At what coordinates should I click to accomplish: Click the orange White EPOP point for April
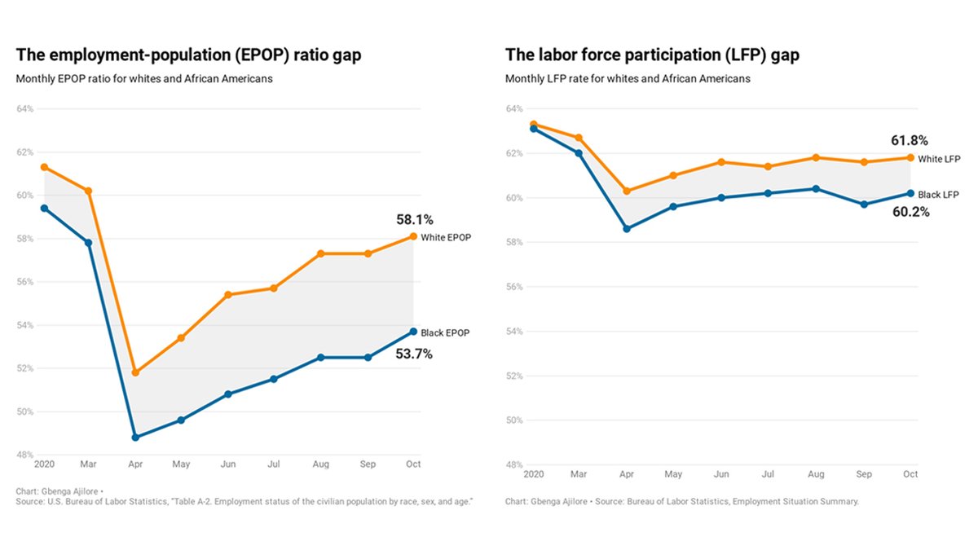(135, 372)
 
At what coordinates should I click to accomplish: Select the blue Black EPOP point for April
(135, 438)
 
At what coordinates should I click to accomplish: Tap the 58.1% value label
(414, 220)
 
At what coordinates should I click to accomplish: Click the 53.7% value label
(414, 354)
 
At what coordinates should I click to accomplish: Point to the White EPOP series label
(447, 237)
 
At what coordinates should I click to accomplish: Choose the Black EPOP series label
(446, 332)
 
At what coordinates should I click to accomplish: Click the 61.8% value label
(910, 140)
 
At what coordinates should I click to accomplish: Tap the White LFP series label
(939, 158)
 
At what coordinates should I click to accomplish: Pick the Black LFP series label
(939, 195)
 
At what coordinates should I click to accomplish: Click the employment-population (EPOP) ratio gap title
(188, 55)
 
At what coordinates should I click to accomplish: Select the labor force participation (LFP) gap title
(652, 55)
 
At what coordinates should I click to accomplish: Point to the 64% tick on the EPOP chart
(25, 109)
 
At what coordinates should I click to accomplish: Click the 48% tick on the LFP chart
(514, 465)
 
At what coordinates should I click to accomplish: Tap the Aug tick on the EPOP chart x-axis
(321, 464)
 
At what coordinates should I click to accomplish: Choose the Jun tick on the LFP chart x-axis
(721, 474)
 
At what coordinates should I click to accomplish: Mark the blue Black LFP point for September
(864, 205)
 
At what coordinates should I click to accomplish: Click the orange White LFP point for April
(626, 191)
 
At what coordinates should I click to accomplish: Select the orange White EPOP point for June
(228, 295)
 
